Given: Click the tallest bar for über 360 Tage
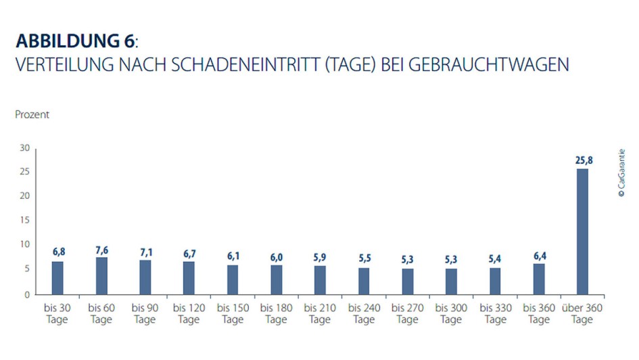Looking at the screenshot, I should click(x=582, y=231).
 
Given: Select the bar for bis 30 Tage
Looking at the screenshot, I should click(x=57, y=277).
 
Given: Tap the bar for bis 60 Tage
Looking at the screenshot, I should click(x=101, y=275).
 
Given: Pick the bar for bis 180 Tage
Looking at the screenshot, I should click(x=277, y=279).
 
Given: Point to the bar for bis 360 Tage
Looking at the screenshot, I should click(x=539, y=279).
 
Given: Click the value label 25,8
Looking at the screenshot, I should click(x=582, y=160).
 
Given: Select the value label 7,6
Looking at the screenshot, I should click(x=101, y=250).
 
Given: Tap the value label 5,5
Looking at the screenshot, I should click(x=364, y=259).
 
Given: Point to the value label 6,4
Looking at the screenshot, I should click(x=539, y=255).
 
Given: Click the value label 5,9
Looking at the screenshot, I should click(x=320, y=257).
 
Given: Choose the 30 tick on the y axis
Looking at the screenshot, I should click(x=24, y=148).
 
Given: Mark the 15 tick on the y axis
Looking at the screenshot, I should click(x=24, y=221).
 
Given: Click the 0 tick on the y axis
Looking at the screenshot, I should click(x=27, y=294).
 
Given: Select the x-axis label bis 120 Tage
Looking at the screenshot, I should click(x=189, y=313).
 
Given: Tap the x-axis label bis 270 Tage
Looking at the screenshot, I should click(x=408, y=313).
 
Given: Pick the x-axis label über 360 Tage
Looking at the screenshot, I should click(x=582, y=313).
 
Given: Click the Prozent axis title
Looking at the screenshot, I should click(x=32, y=115).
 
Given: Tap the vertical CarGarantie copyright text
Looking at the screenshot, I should click(x=621, y=173).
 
